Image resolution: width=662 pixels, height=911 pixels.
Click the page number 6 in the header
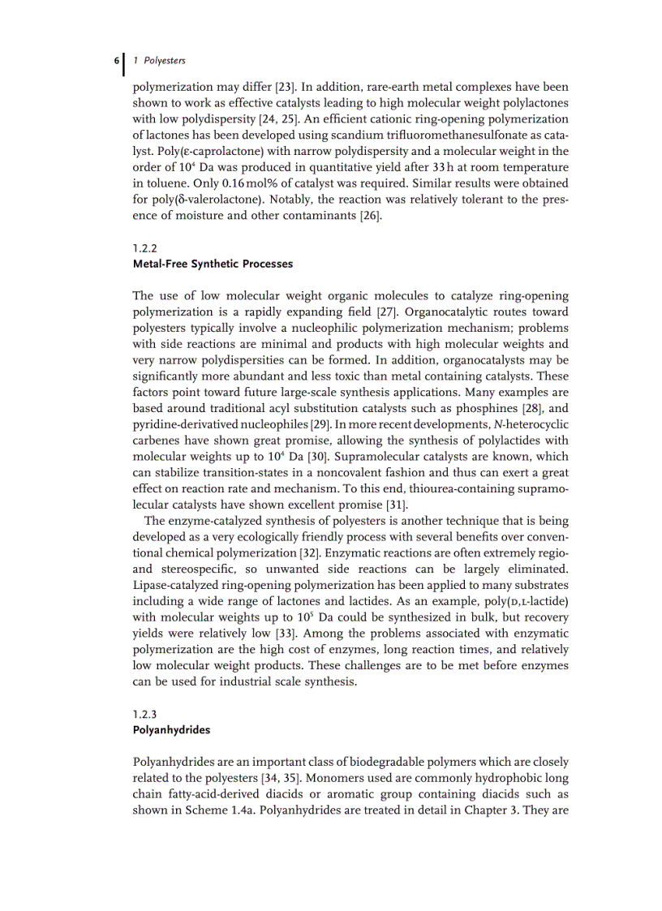click(x=117, y=61)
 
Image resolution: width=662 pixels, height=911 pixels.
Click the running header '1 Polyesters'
click(x=158, y=61)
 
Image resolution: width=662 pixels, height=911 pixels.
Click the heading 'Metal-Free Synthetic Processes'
click(x=213, y=264)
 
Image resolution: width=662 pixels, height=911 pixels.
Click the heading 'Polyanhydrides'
click(x=171, y=730)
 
